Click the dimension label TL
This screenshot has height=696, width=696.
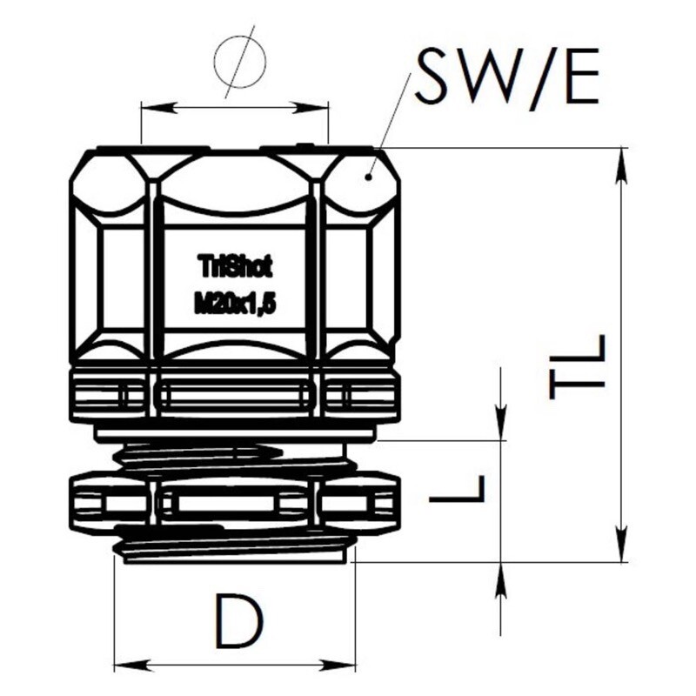click(x=577, y=366)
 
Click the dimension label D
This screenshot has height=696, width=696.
click(x=238, y=620)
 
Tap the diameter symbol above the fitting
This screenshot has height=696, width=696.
click(x=240, y=62)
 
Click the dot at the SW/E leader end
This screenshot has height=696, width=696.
click(x=367, y=177)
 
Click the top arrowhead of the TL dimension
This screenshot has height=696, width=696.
click(x=621, y=165)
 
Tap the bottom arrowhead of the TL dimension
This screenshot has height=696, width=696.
click(x=621, y=545)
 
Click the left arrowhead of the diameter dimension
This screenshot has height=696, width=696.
click(x=157, y=107)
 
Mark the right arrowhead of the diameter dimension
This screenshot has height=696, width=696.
click(x=312, y=107)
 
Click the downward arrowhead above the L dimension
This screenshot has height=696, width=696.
click(x=501, y=424)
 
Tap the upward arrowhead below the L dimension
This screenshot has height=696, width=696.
click(x=501, y=579)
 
